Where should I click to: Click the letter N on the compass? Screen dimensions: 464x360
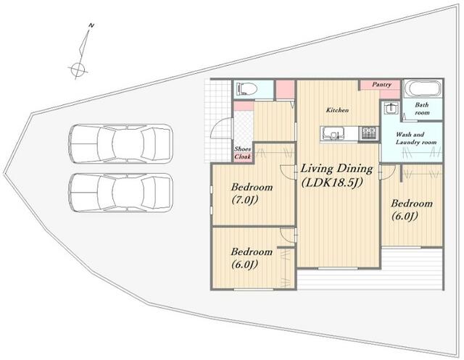91,26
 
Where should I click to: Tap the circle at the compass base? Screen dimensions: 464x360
78,69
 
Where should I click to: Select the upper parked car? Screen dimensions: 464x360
120,143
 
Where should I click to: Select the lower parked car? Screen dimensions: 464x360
120,193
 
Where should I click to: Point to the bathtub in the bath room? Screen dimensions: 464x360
423,88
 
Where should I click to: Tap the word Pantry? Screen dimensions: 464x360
381,85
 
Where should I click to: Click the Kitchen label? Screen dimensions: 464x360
337,110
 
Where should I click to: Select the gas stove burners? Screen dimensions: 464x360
369,133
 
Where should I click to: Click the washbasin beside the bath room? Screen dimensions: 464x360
391,108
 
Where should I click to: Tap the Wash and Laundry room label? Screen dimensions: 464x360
416,138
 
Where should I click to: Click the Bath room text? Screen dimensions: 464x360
422,109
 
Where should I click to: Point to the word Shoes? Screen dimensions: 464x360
243,149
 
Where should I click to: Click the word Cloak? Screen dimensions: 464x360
243,156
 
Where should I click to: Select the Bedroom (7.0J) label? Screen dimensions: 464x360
252,193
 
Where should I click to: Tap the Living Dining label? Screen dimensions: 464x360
336,169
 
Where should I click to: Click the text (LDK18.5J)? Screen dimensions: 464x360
332,183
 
